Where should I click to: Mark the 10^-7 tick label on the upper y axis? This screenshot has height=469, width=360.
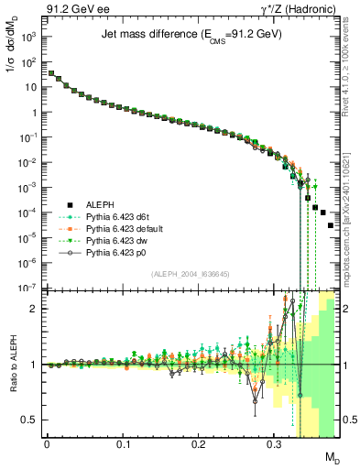click(x=27, y=288)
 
